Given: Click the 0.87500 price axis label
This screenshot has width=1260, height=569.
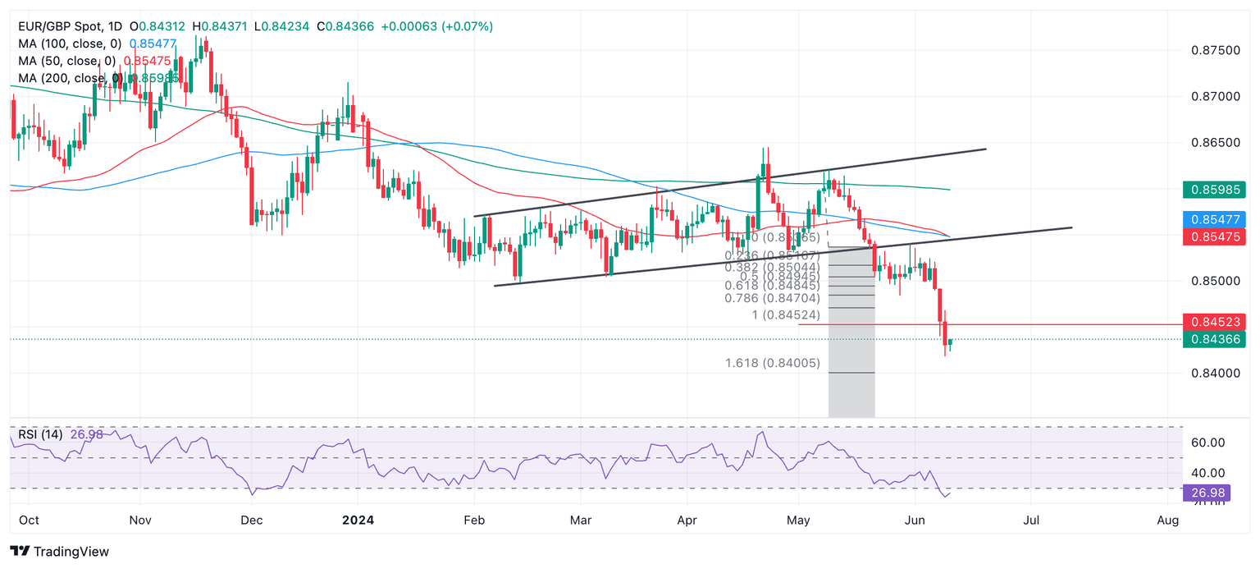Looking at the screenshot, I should [1216, 51].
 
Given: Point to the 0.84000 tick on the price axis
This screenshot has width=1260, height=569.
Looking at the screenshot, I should [1216, 374].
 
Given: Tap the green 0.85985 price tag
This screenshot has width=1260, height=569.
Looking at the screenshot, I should [1214, 190].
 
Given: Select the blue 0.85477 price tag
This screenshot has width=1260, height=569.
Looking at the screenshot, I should [1214, 219].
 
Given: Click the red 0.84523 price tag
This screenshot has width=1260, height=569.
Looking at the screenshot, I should [1214, 321].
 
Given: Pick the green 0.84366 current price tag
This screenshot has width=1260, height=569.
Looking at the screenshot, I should [1214, 339].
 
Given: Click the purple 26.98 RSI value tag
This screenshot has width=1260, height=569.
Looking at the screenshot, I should [1206, 493].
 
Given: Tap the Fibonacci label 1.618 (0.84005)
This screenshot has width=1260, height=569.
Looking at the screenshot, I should [773, 363].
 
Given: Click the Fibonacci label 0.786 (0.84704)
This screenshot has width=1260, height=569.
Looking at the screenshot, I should [772, 298].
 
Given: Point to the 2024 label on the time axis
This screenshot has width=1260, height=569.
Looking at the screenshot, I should [358, 521].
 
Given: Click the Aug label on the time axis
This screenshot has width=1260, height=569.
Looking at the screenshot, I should [1167, 521].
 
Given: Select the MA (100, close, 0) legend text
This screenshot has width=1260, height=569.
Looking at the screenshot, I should [70, 44].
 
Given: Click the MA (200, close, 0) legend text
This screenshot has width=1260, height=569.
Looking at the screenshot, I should [70, 78].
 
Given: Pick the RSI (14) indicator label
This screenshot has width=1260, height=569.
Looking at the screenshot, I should [40, 434].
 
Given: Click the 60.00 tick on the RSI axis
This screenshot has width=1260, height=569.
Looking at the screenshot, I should [1207, 443].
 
